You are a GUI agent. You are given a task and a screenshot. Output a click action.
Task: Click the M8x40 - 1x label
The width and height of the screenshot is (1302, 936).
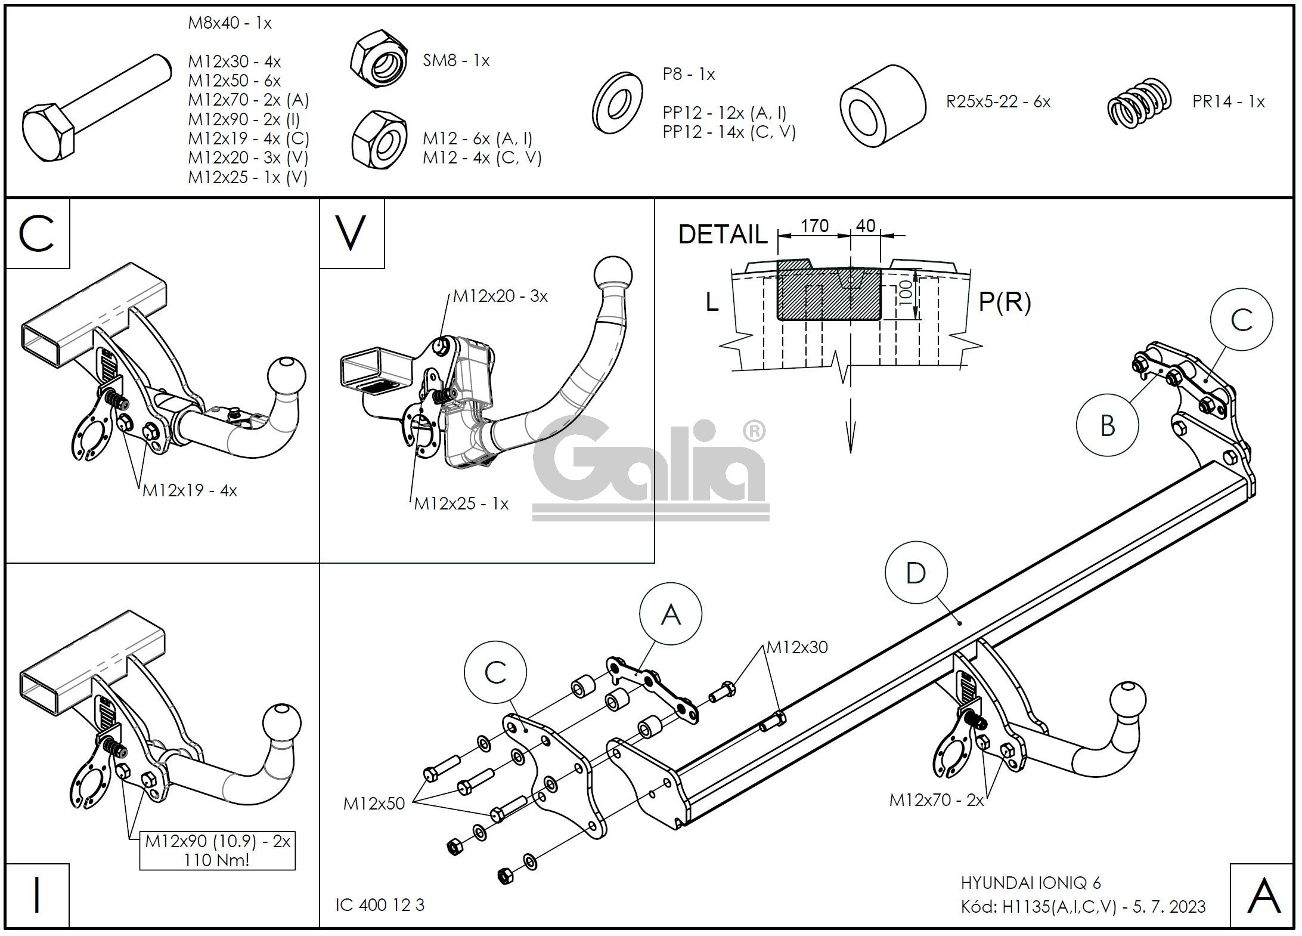pos(230,23)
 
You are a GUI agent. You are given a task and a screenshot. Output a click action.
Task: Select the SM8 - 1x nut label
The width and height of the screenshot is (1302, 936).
pos(456,60)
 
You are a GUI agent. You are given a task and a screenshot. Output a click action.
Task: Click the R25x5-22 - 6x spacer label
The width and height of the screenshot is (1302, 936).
pos(998,101)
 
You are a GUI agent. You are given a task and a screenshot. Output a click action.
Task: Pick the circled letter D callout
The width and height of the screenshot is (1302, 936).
pos(916,573)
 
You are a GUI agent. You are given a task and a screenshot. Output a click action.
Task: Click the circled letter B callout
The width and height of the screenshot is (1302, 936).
pos(1107,425)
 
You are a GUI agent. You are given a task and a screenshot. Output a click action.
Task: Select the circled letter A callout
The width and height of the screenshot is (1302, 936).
pos(671,614)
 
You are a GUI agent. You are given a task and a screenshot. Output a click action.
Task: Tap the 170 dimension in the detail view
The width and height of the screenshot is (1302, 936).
pos(814,226)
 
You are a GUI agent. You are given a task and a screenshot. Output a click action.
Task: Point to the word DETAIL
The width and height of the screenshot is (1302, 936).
pos(723,234)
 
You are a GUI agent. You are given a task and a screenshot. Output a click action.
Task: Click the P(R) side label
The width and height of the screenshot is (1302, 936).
pos(1005,302)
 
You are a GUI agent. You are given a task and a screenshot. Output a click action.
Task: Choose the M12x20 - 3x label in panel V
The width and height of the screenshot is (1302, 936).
pos(500,296)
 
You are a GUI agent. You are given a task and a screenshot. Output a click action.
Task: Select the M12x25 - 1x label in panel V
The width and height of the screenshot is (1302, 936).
pos(461,504)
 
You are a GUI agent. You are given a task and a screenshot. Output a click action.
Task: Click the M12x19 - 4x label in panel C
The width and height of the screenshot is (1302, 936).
pos(190,490)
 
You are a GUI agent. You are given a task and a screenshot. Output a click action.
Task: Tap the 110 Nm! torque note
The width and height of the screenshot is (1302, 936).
pos(218,860)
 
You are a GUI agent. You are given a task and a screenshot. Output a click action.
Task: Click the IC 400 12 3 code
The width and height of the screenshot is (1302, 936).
pos(380,905)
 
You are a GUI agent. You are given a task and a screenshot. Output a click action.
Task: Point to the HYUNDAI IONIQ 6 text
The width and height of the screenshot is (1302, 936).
pos(1031,883)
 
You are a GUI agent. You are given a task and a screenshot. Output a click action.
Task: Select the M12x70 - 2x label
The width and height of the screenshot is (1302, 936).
pos(936,800)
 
